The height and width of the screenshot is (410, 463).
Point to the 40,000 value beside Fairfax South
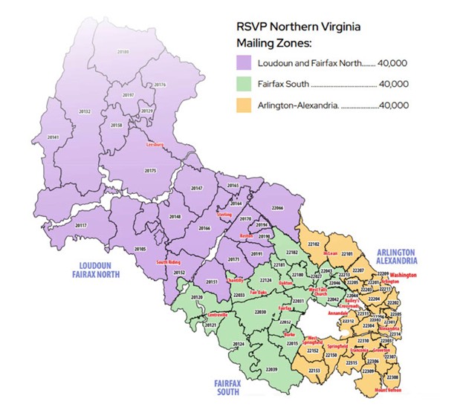tap(395, 85)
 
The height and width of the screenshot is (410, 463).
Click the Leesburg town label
tap(155, 144)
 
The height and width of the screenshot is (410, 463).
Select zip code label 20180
tap(123, 51)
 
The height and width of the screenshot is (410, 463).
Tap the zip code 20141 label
tap(53, 137)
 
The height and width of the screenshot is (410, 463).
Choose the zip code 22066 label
tap(278, 208)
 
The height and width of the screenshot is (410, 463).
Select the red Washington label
tap(404, 275)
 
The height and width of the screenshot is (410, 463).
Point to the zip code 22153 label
tap(314, 370)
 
